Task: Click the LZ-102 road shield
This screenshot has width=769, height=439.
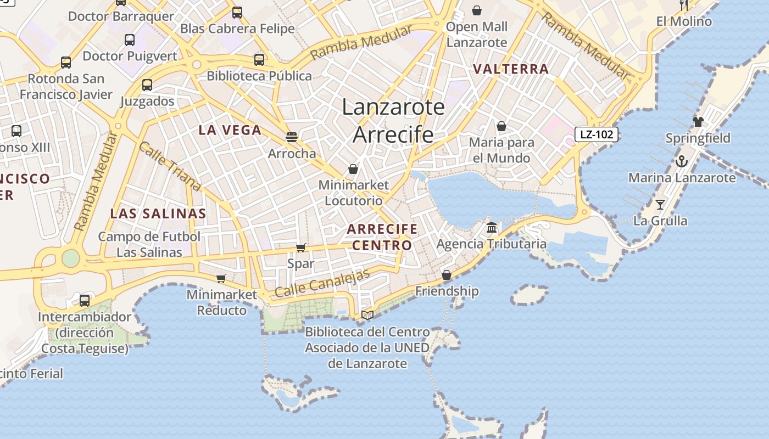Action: tap(597, 134)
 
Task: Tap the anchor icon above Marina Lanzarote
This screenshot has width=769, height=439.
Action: tap(681, 161)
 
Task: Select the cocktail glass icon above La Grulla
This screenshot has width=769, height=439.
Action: tap(660, 205)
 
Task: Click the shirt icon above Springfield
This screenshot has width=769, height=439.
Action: tap(698, 122)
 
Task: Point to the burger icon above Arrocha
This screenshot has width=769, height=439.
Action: tap(291, 137)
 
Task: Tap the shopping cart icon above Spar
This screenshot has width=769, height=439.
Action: tap(300, 247)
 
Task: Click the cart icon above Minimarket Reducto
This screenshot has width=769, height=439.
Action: tap(221, 278)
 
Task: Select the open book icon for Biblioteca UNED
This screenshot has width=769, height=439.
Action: tap(367, 315)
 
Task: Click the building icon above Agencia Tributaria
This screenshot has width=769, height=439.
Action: tap(492, 227)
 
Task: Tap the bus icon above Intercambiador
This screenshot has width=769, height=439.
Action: tap(85, 300)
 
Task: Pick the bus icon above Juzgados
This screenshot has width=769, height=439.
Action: tap(147, 85)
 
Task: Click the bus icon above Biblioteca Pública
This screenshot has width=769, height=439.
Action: tap(259, 60)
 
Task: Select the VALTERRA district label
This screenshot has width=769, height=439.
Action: tap(511, 69)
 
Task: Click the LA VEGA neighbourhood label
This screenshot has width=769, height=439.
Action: tap(230, 130)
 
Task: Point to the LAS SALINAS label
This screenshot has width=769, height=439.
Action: tap(158, 214)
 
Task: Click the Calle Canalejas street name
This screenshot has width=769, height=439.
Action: tap(322, 284)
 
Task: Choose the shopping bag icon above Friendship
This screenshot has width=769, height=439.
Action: tap(447, 274)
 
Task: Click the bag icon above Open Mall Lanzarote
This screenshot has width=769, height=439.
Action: tap(477, 10)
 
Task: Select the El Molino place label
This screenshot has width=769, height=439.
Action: tap(684, 21)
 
